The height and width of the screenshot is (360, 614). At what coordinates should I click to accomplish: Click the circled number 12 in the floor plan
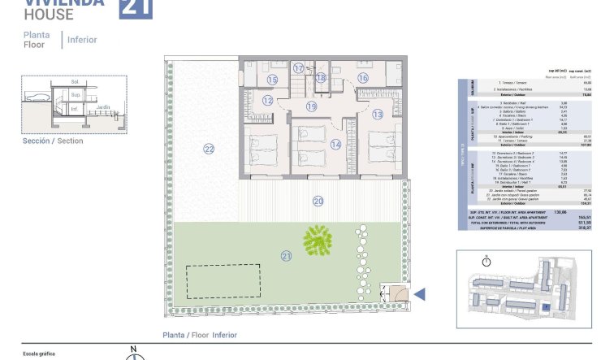[268, 101]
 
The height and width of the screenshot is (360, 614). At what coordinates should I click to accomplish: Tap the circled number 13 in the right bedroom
[378, 115]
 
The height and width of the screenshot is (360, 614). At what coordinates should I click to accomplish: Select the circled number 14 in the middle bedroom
[313, 145]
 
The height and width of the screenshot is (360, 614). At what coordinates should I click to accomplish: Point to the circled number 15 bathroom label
[272, 80]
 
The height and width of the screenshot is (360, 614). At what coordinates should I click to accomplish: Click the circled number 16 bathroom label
[363, 78]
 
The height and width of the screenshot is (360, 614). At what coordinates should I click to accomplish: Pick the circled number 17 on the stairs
[299, 68]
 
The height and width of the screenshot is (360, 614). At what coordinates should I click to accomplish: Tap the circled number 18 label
[321, 78]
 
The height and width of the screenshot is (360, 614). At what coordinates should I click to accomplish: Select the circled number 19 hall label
[311, 106]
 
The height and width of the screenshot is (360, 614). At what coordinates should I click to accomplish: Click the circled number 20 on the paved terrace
[318, 201]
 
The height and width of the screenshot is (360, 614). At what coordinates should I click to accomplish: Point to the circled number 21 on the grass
[285, 256]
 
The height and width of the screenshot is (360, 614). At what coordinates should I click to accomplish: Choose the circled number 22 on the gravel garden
[209, 149]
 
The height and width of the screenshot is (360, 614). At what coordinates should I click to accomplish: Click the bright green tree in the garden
[318, 239]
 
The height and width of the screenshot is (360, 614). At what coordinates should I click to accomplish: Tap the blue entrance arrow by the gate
[420, 294]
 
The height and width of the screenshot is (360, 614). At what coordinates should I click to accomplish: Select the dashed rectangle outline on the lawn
[225, 282]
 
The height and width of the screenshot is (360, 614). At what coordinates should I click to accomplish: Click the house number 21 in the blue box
[135, 7]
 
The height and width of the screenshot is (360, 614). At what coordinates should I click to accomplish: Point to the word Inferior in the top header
[83, 39]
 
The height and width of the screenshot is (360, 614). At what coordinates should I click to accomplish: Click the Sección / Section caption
[53, 141]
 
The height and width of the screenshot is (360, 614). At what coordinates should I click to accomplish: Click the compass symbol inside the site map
[486, 261]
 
